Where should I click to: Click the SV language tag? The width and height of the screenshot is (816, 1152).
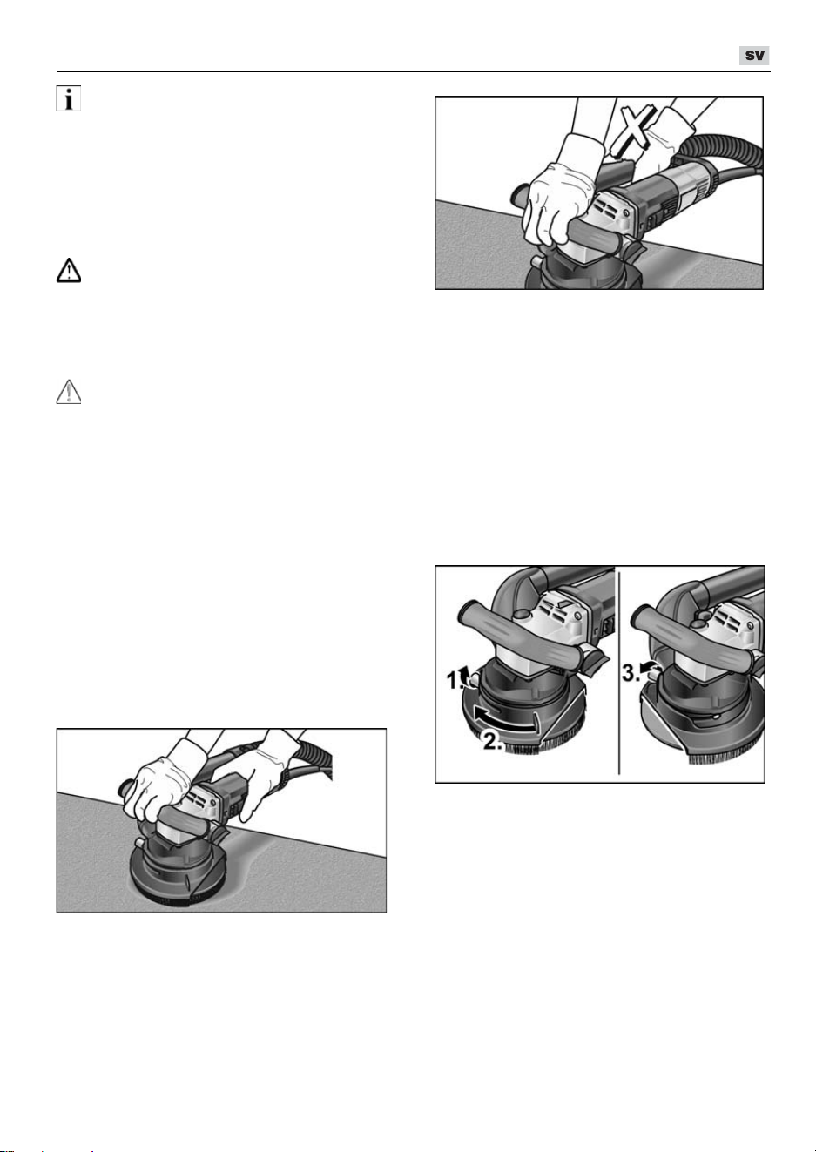(x=754, y=56)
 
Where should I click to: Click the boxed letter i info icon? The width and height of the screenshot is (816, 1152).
(x=69, y=98)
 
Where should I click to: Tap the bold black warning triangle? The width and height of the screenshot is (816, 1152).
(x=69, y=271)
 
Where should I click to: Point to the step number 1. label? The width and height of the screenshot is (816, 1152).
(x=456, y=681)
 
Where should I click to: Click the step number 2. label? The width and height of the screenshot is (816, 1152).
(x=493, y=741)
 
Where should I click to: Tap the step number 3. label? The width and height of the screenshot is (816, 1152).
(x=631, y=673)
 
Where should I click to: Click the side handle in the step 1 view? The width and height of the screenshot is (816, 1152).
(x=520, y=637)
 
